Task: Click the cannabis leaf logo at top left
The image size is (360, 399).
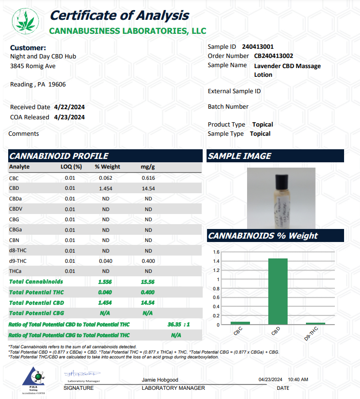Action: pos(22,20)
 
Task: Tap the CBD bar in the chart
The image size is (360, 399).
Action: pos(277,291)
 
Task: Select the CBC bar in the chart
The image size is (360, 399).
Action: pos(240,322)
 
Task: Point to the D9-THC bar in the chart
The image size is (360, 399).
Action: pos(316,323)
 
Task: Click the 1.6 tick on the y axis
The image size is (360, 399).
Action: pos(216,252)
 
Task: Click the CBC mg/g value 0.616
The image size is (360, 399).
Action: pos(148,178)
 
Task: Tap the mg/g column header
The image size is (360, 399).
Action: pos(148,167)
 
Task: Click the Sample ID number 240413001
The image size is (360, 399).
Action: pos(257,47)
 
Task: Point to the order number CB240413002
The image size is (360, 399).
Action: pos(274,56)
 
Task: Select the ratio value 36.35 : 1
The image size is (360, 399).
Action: pos(179,325)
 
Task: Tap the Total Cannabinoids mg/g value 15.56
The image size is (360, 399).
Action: pos(148,282)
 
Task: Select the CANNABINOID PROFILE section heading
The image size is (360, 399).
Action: pos(59,156)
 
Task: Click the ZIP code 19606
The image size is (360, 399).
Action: pos(57,84)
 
